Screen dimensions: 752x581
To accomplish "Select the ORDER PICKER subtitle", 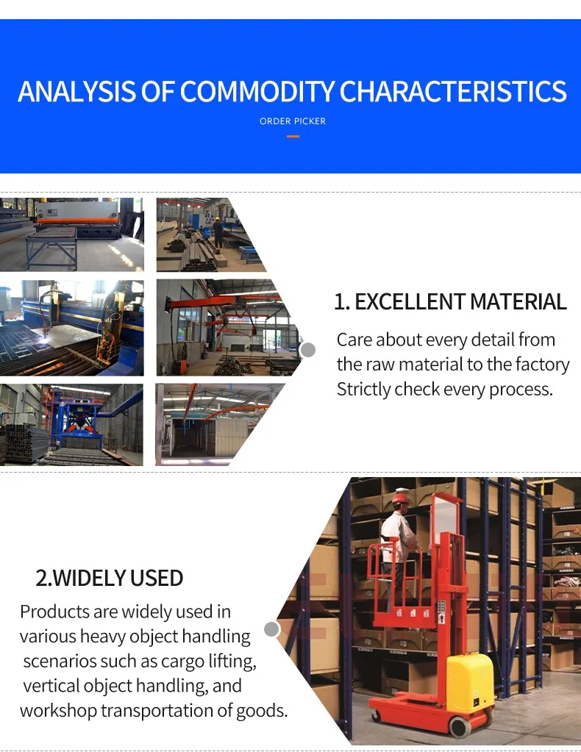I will (x=293, y=121).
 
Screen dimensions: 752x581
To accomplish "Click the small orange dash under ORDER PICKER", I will (x=293, y=136).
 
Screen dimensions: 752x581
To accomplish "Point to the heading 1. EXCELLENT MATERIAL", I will (x=450, y=302).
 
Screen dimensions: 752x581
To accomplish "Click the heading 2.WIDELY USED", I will (x=110, y=578).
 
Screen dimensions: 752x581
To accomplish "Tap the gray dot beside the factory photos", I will (x=308, y=350).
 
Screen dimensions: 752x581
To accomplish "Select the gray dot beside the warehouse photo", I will (x=272, y=629).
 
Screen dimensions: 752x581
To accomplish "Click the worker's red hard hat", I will (x=400, y=498).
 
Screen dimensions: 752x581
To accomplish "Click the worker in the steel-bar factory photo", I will (x=218, y=229).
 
